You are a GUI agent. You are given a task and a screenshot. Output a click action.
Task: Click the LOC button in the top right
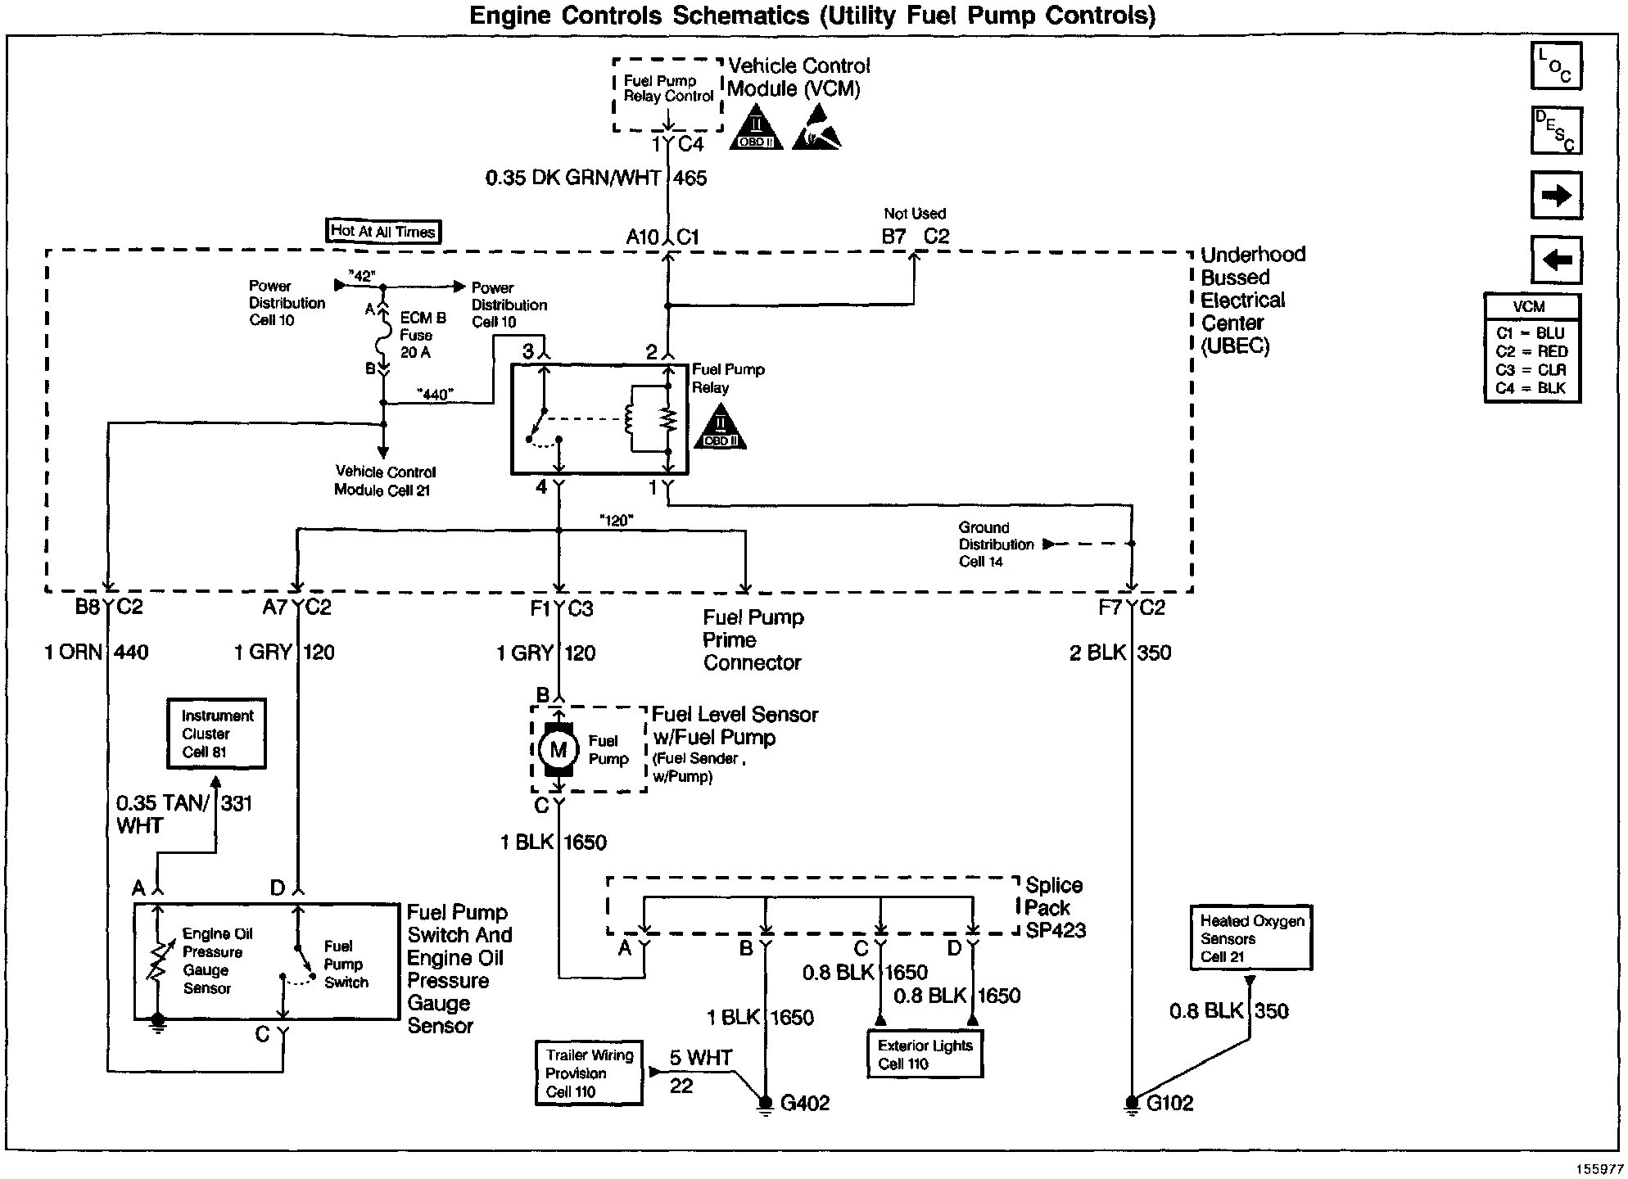point(1555,65)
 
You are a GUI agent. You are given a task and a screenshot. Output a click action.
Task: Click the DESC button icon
point(1555,131)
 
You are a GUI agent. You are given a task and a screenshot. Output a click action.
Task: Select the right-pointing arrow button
point(1555,196)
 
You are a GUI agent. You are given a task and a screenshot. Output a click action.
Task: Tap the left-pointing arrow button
point(1555,260)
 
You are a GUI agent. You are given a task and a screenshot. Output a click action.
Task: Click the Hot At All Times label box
point(382,232)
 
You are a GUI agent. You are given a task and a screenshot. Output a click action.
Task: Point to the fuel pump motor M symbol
point(558,749)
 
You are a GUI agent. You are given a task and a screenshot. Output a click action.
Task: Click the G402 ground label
point(804,1104)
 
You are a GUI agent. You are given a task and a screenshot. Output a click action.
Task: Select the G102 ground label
point(1169,1104)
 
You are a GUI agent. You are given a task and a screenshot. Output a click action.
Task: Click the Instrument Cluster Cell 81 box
point(217,734)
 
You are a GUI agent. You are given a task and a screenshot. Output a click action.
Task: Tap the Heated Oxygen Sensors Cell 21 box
point(1251,938)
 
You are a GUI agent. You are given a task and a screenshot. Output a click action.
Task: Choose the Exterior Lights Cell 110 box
point(925,1055)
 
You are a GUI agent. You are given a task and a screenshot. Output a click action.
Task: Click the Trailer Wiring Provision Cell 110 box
point(589,1073)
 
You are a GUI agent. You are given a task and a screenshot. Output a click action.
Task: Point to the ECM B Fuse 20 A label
point(423,335)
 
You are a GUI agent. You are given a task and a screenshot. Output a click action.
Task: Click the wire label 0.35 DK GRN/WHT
point(572,178)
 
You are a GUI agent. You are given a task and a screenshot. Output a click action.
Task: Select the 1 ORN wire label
point(73,653)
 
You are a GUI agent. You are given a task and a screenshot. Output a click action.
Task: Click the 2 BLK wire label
point(1097,653)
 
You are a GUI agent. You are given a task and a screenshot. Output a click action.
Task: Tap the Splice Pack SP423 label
point(1055,908)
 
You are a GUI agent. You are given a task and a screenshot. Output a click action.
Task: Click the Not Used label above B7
point(914,214)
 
